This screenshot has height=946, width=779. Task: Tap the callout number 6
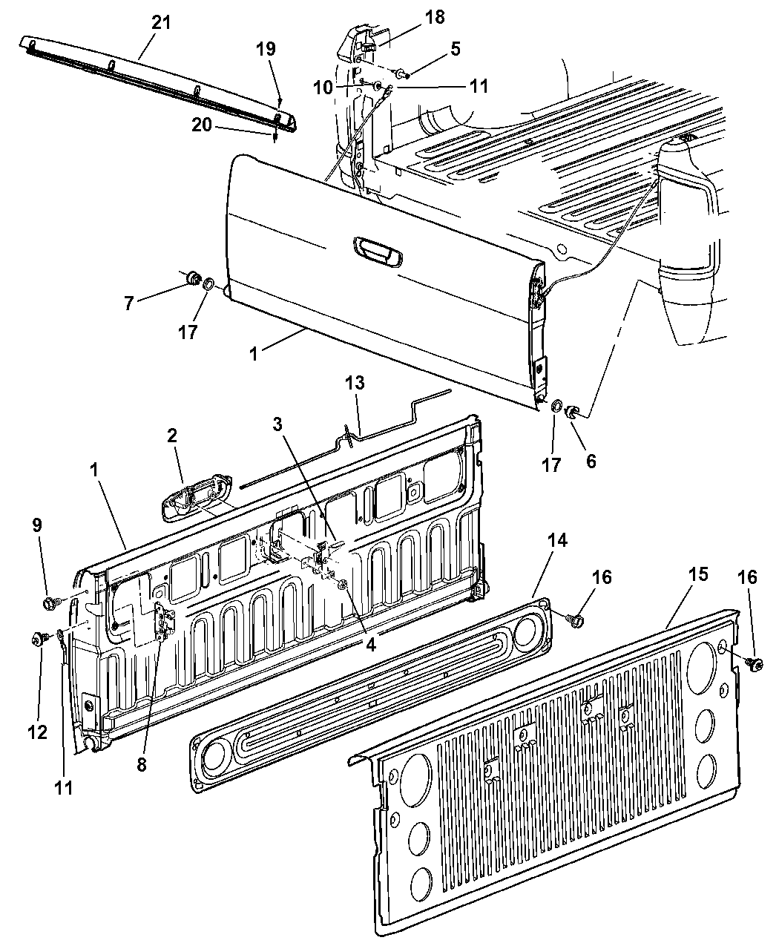tap(591, 461)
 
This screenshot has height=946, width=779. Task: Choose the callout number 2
tap(171, 436)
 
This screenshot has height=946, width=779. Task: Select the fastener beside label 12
tap(36, 638)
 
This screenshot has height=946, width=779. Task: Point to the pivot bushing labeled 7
tap(193, 278)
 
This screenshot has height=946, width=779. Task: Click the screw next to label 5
tap(401, 73)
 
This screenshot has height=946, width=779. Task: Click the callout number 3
tap(277, 425)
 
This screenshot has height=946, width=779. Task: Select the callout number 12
tap(38, 732)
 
